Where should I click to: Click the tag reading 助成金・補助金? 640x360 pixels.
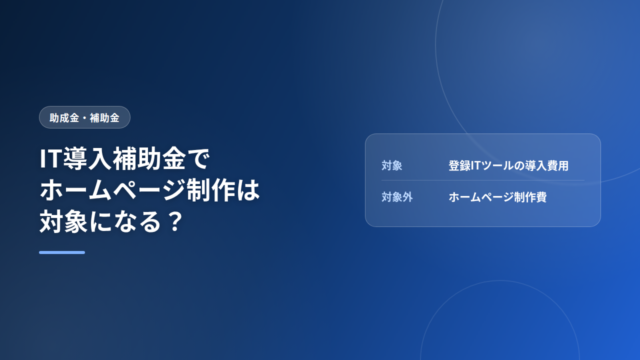(x=84, y=118)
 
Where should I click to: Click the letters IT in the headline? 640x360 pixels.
(x=51, y=158)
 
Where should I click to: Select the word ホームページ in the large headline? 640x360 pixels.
(x=112, y=190)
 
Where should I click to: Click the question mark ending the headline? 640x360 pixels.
(x=176, y=222)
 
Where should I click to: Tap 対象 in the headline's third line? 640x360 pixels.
(x=63, y=222)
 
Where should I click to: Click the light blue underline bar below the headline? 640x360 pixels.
(x=62, y=253)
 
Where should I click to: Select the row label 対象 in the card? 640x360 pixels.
(x=392, y=165)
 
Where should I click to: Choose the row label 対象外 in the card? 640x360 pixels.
(x=397, y=197)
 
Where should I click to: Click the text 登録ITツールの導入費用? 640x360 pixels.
(x=508, y=165)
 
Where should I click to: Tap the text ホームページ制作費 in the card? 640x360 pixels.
(x=497, y=197)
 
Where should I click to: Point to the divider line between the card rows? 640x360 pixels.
(x=483, y=180)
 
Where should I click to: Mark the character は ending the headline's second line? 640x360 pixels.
(x=247, y=190)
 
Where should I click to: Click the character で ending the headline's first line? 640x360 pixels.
(x=198, y=159)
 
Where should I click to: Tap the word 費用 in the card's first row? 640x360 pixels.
(x=558, y=165)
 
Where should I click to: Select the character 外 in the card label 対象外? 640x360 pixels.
(x=408, y=197)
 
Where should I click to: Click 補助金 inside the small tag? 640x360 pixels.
(x=104, y=118)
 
